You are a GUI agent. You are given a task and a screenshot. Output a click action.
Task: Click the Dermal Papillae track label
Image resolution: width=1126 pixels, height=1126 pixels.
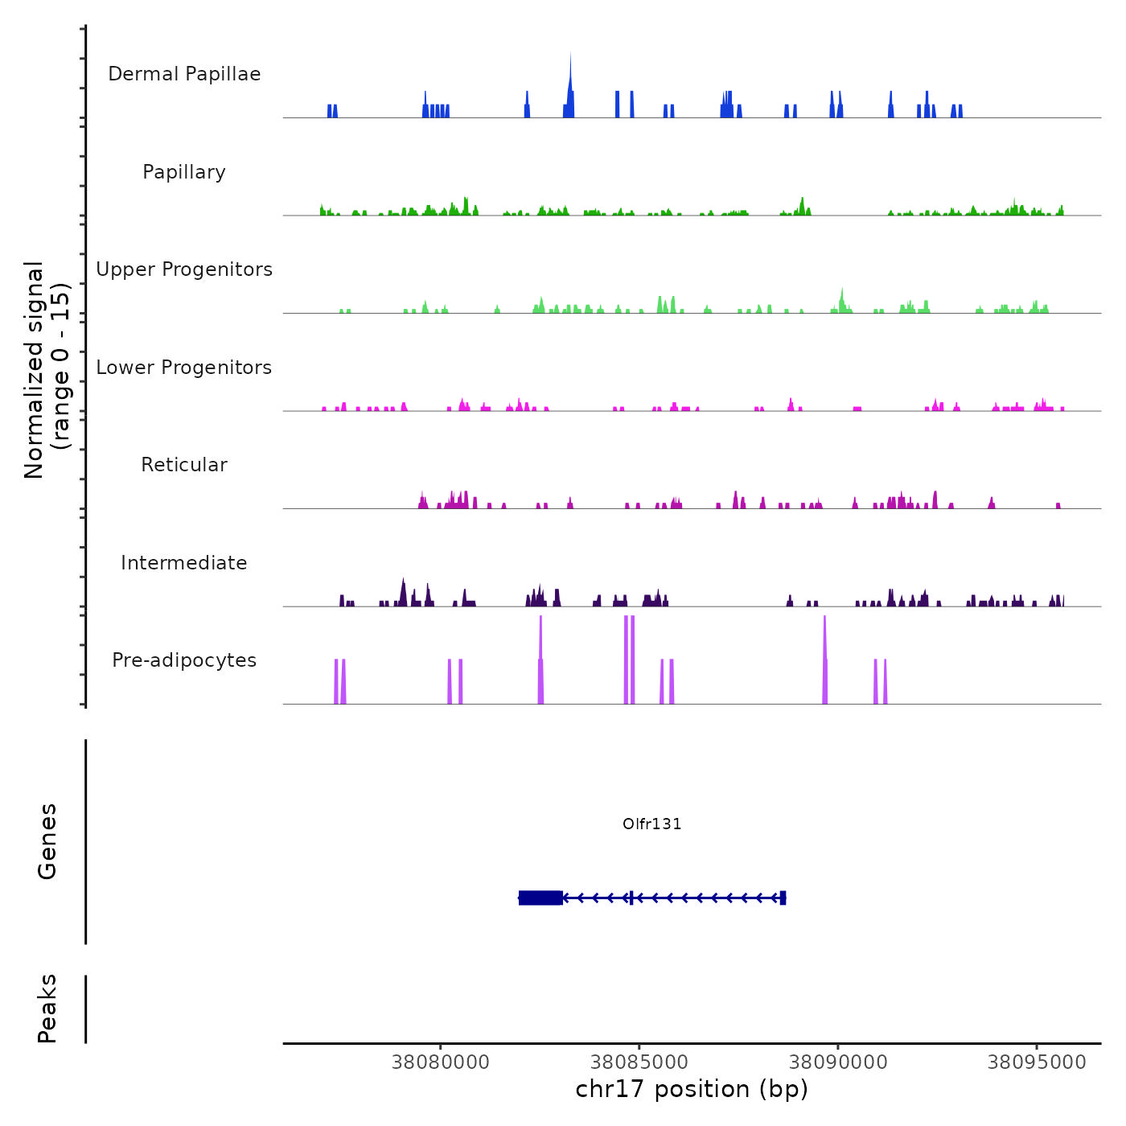tap(184, 74)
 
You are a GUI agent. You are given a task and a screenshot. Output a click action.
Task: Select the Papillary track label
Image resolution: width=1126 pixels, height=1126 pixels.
tap(184, 172)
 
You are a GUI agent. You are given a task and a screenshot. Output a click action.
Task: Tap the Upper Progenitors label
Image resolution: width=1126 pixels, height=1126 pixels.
tap(184, 269)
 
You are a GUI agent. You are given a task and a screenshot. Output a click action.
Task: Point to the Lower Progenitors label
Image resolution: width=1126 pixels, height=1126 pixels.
tap(184, 368)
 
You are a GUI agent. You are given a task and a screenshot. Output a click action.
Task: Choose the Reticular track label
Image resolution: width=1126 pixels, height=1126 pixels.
tap(184, 465)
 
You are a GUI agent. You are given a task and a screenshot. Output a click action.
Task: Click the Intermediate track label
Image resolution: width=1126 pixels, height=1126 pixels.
tap(184, 563)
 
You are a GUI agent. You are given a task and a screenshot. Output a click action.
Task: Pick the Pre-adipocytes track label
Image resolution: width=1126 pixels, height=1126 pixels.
tap(184, 660)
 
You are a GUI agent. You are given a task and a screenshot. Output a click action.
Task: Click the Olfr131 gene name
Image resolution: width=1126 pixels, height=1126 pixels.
tap(652, 824)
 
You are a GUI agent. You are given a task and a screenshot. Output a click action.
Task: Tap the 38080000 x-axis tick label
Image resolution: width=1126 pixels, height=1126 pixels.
tap(441, 1062)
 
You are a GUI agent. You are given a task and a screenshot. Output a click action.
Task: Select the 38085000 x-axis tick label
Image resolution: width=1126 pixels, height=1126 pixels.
tap(639, 1062)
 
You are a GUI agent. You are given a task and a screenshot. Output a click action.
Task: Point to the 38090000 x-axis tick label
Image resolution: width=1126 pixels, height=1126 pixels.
tap(838, 1062)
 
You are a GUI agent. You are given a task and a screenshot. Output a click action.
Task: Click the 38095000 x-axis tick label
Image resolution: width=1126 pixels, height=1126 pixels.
tap(1037, 1062)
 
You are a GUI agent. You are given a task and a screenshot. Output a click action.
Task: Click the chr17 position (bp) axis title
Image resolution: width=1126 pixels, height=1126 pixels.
tap(692, 1090)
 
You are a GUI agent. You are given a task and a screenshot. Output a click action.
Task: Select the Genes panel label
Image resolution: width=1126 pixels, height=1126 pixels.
tap(47, 841)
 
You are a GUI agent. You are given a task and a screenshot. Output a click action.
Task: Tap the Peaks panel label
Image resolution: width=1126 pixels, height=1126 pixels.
tap(47, 1009)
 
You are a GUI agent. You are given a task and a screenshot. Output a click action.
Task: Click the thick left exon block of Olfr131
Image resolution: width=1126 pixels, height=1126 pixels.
tap(540, 898)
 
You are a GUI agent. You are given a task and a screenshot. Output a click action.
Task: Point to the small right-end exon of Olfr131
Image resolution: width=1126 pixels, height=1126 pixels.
tap(783, 898)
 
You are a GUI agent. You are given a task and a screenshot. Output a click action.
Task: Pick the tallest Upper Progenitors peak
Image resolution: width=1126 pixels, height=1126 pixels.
tap(842, 298)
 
